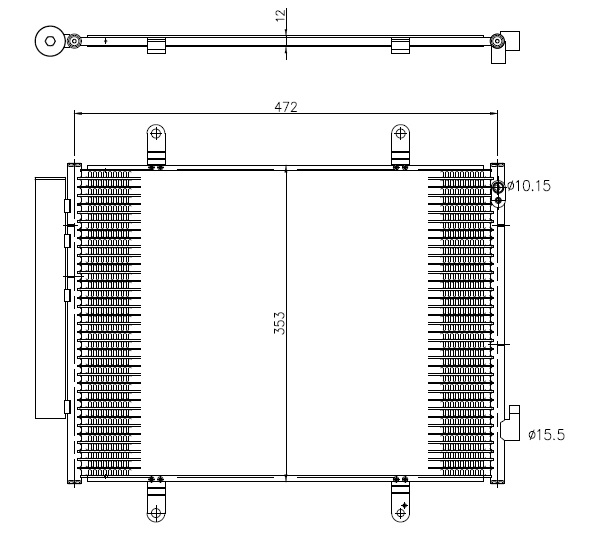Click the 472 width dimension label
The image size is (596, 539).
(x=286, y=107)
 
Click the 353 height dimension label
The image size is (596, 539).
(x=279, y=323)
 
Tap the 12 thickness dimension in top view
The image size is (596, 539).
(x=281, y=15)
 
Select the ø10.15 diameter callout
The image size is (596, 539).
(x=529, y=186)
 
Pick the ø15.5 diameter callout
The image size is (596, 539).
(x=547, y=434)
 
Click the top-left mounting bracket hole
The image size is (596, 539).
(x=156, y=133)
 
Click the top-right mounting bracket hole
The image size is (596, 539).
(x=400, y=133)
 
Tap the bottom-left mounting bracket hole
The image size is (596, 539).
(x=156, y=513)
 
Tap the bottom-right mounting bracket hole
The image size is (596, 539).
(x=400, y=513)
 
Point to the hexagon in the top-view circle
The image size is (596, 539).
(x=50, y=41)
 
